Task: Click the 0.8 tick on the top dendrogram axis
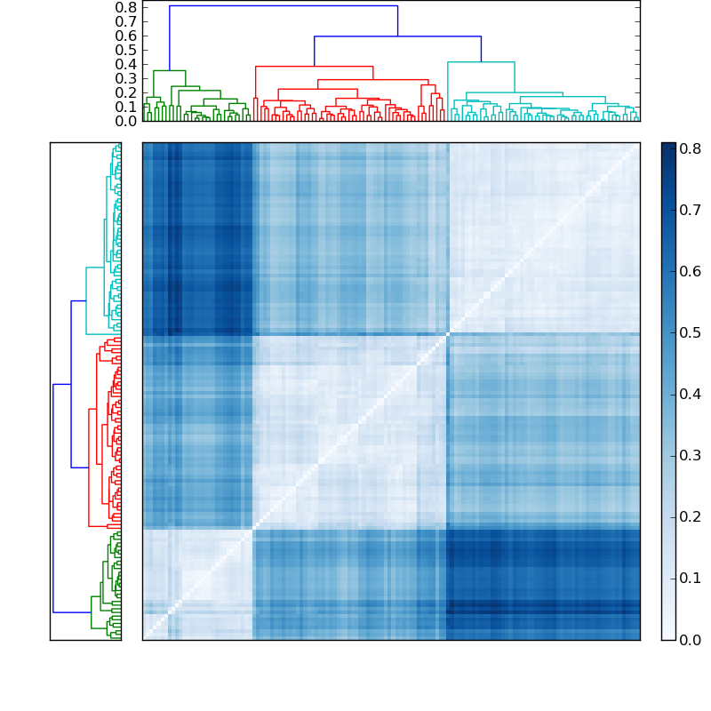pos(126,7)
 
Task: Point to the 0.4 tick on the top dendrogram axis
pos(126,64)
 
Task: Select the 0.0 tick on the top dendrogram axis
pos(126,121)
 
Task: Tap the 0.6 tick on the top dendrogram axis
pos(126,36)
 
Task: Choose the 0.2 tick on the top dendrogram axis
pos(126,92)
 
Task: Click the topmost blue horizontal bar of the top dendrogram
pos(283,6)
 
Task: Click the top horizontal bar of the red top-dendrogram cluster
pos(314,67)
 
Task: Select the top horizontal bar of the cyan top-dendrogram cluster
pos(481,62)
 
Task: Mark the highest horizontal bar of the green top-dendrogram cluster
pos(169,70)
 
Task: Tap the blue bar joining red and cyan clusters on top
pos(397,36)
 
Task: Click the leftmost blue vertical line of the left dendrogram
pos(53,498)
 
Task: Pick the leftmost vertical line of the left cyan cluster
pos(86,300)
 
